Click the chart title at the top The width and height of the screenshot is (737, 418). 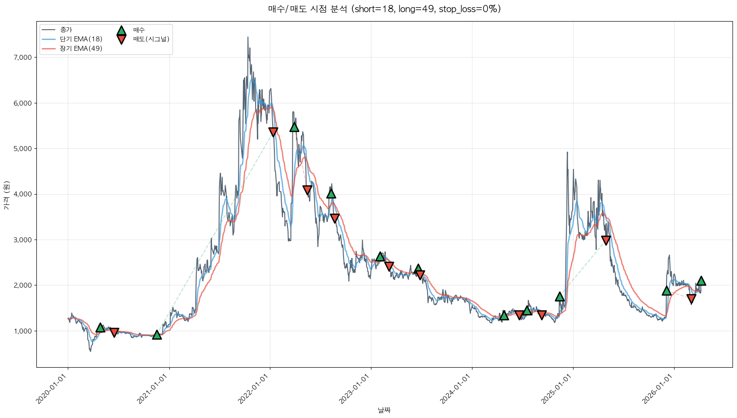tap(384, 9)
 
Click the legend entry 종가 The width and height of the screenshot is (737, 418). tap(66, 30)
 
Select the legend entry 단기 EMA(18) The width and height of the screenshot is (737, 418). tap(81, 39)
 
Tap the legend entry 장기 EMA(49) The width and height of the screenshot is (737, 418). tap(81, 49)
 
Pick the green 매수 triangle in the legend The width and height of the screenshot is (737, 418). tap(121, 31)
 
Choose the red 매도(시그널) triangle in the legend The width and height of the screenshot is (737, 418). tap(121, 40)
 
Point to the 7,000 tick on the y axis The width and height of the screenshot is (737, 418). tap(23, 58)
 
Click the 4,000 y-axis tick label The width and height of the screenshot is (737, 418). tap(23, 194)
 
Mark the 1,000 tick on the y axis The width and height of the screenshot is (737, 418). tap(23, 331)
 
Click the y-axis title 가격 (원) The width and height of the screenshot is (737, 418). tap(6, 196)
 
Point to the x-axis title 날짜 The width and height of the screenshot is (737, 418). tap(384, 410)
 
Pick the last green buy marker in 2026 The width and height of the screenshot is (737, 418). tap(701, 281)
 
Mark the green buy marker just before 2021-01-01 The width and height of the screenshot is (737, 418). tap(157, 335)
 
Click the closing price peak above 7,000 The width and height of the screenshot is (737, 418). tap(248, 38)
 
